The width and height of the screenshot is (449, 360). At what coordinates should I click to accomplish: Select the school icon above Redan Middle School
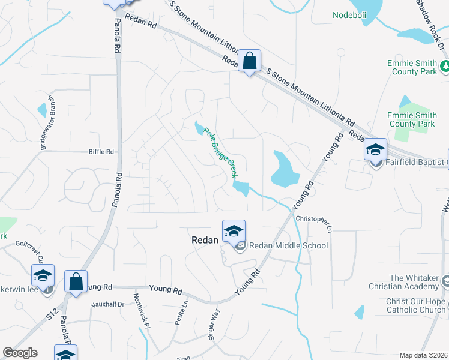click(x=234, y=230)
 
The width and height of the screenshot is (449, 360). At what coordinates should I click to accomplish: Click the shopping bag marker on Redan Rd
click(x=249, y=61)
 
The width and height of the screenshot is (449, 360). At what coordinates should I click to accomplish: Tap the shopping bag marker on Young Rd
click(x=76, y=281)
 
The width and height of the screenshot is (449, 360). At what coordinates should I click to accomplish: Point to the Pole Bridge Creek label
click(x=218, y=153)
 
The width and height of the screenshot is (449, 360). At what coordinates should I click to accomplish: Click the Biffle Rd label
click(x=101, y=152)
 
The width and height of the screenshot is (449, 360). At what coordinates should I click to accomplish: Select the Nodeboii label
click(x=349, y=14)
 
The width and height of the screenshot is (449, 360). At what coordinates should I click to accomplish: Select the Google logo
click(x=20, y=353)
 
